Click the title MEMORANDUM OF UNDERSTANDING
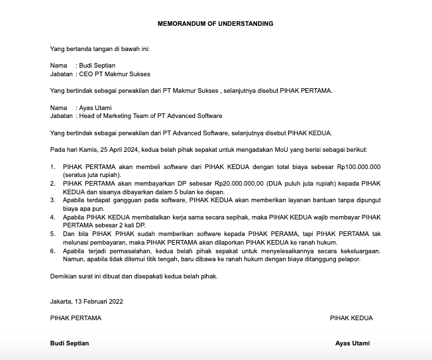click(x=215, y=23)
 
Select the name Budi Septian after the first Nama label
click(x=98, y=66)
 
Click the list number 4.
click(x=52, y=217)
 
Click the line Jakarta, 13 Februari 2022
click(x=86, y=301)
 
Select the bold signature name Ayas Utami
click(x=352, y=343)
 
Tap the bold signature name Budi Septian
click(x=70, y=343)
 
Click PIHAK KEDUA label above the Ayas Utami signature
click(x=351, y=318)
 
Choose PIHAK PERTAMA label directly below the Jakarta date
click(x=76, y=318)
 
